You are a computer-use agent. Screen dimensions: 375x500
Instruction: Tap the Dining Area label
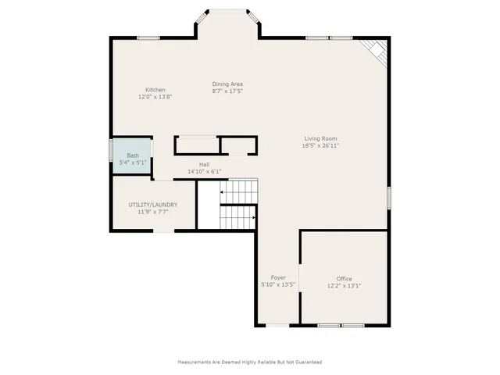point(227,84)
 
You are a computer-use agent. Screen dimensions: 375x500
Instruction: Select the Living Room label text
point(321,138)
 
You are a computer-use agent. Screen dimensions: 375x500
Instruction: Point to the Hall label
point(204,164)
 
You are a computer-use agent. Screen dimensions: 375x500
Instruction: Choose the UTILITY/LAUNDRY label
point(153,205)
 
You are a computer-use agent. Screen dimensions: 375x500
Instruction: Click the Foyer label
point(278,277)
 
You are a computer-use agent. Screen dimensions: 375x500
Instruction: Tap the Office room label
point(345,279)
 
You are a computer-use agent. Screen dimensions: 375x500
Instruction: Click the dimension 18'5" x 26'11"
point(321,145)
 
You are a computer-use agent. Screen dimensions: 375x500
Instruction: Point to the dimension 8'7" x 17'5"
point(227,91)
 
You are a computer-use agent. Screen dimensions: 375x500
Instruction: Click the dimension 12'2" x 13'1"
point(345,286)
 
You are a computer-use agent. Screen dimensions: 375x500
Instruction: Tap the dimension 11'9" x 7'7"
point(153,212)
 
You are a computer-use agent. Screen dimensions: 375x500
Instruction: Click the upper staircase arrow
point(223,191)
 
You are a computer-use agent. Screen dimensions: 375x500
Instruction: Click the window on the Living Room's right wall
point(388,197)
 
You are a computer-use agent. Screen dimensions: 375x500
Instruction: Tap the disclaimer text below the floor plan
point(250,362)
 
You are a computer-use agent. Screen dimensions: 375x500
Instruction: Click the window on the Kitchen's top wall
point(148,37)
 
